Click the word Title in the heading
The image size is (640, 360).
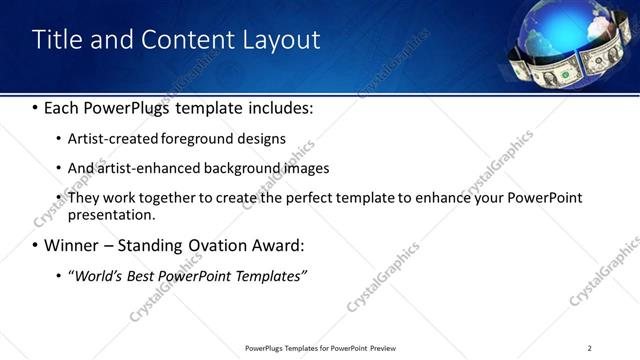point(58,40)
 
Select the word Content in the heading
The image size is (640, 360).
point(186,40)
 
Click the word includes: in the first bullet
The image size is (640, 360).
point(283,107)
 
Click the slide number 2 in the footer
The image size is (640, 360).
point(590,348)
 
